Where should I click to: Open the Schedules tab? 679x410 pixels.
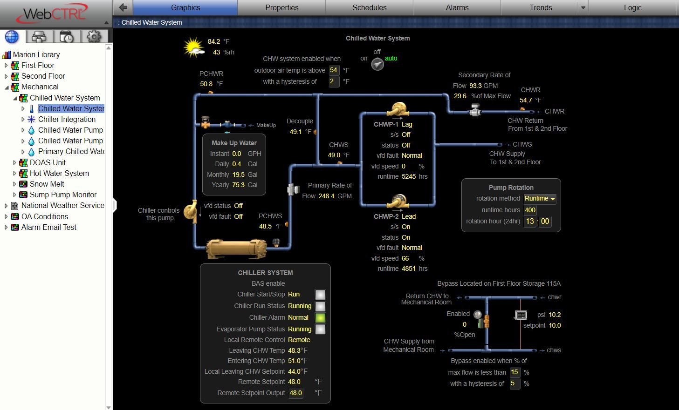[369, 7]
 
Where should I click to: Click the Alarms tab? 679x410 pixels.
[457, 7]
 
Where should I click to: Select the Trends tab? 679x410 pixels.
[540, 7]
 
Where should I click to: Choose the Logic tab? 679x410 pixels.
[632, 7]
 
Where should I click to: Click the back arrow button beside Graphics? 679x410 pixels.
[123, 7]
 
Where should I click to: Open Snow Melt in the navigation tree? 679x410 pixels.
[47, 184]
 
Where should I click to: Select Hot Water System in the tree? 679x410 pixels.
[59, 173]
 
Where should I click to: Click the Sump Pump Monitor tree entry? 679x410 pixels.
[63, 195]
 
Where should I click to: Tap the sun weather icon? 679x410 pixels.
[194, 47]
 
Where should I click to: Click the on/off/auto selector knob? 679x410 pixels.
[377, 64]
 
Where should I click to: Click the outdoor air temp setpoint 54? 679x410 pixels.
[334, 70]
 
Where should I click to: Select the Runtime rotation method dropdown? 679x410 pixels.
[540, 199]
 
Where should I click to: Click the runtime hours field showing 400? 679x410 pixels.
[530, 210]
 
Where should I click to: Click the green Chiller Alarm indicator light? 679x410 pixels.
[320, 318]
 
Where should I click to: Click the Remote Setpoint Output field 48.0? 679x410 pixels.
[296, 393]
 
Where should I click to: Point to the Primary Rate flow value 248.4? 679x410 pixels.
[326, 196]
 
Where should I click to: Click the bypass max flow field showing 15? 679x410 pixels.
[514, 372]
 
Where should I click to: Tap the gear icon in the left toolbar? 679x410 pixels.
[94, 36]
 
